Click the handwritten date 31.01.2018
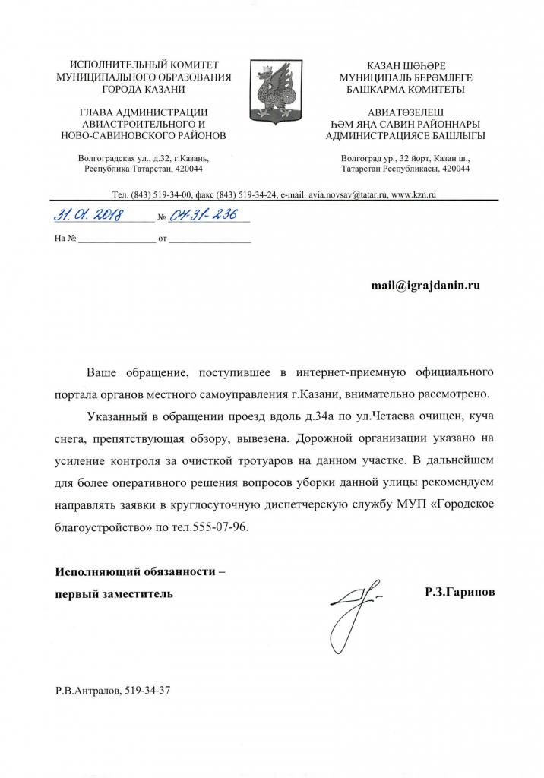[x=90, y=216]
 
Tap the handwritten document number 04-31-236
[x=197, y=216]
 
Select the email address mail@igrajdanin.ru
[x=425, y=285]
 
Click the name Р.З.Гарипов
[x=454, y=592]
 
